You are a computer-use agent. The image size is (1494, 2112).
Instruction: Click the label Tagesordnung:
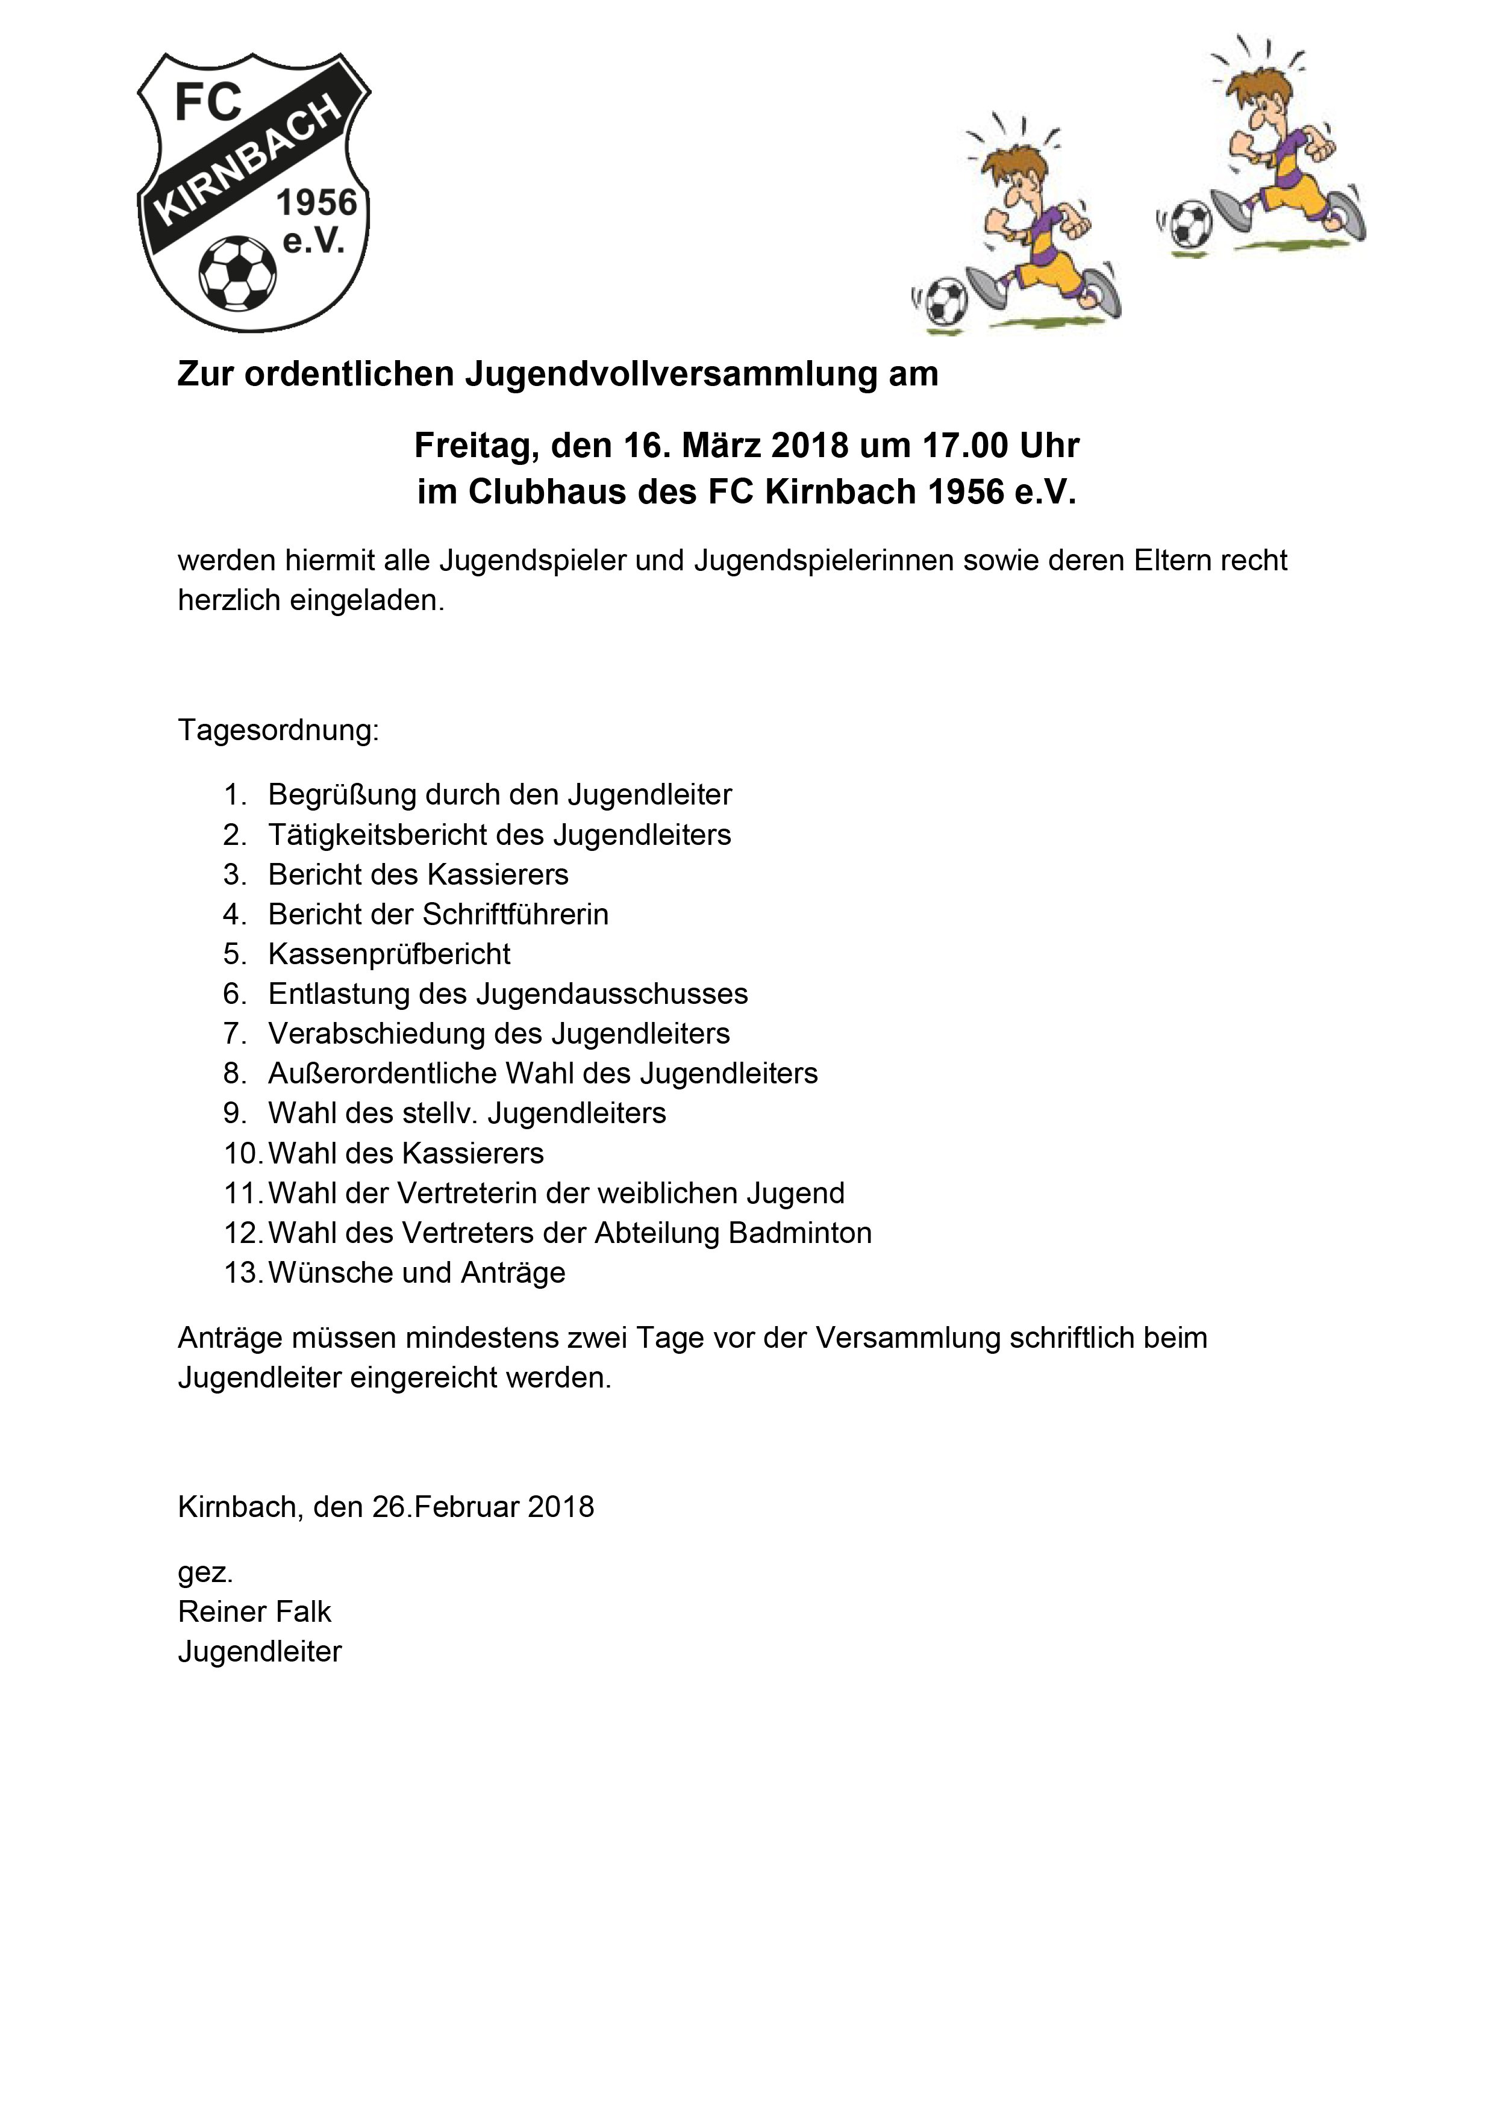pyautogui.click(x=278, y=730)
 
